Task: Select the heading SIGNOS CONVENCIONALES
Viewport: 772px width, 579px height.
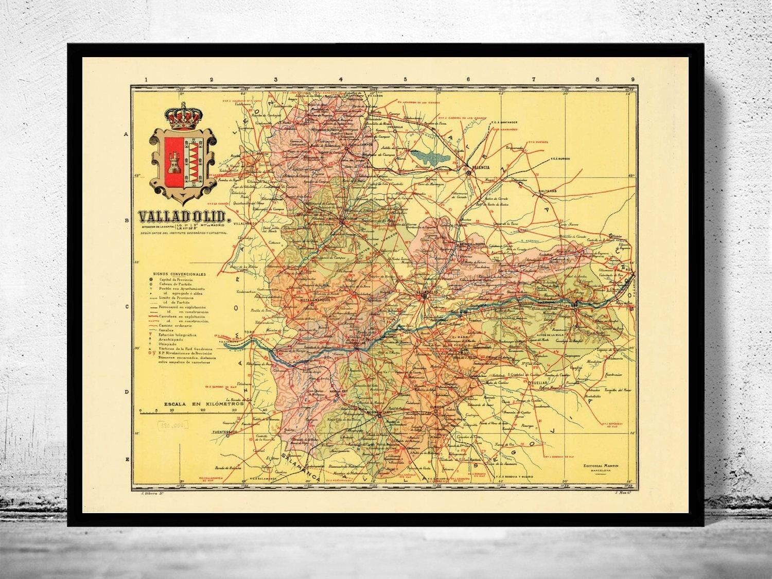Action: (179, 274)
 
